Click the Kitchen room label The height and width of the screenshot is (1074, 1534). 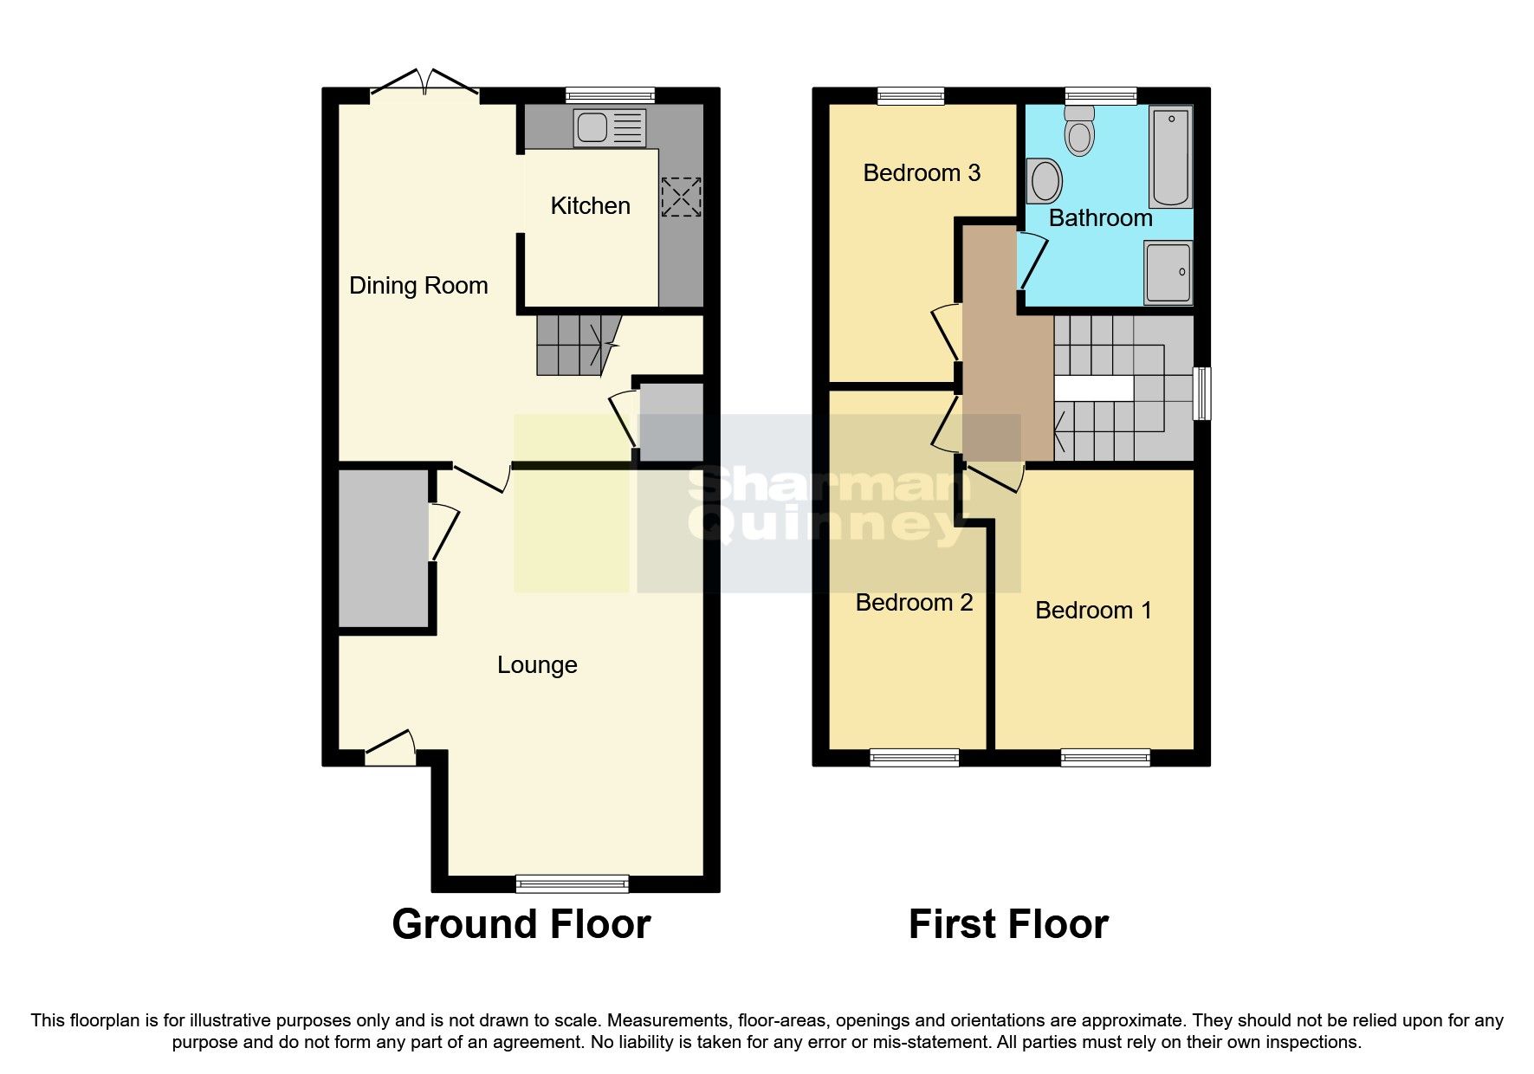click(590, 206)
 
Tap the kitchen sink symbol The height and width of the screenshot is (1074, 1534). click(610, 128)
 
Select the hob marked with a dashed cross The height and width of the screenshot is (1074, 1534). click(681, 197)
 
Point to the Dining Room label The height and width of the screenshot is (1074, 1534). click(418, 286)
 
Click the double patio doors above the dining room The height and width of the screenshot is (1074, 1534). click(424, 87)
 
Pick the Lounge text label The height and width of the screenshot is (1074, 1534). click(537, 665)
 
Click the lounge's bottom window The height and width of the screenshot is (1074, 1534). click(572, 883)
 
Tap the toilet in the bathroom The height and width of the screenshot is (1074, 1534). click(1079, 131)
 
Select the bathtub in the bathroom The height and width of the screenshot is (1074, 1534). click(1171, 157)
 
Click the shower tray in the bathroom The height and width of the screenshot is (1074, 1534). click(1168, 273)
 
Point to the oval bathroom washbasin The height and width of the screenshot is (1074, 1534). click(1045, 181)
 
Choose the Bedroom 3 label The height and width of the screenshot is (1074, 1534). click(922, 173)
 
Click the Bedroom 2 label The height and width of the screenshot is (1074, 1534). click(914, 603)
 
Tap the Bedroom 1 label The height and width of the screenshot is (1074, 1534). click(1093, 611)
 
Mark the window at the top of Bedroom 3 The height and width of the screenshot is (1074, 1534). click(910, 95)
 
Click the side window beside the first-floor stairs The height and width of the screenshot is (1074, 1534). click(1202, 394)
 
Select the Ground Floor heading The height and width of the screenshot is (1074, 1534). click(521, 924)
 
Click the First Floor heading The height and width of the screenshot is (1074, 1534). click(1008, 924)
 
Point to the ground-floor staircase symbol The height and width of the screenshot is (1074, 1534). click(576, 345)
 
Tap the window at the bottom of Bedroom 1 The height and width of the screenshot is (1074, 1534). click(1105, 758)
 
